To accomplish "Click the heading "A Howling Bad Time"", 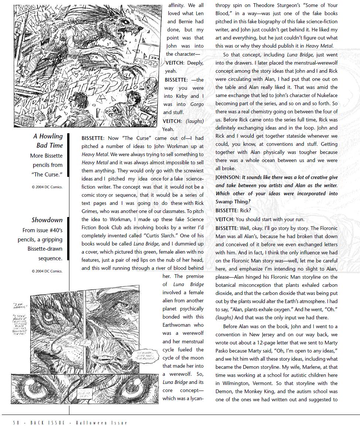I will (x=48, y=141).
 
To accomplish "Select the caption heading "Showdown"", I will (x=47, y=220).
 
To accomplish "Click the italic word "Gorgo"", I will (x=197, y=104).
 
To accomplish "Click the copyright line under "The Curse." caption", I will (x=47, y=187).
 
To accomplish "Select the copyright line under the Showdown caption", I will (x=47, y=271).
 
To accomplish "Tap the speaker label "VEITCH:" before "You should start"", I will (x=225, y=219).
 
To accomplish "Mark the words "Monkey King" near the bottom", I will (x=268, y=391).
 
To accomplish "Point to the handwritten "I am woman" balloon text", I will (x=18, y=306).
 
